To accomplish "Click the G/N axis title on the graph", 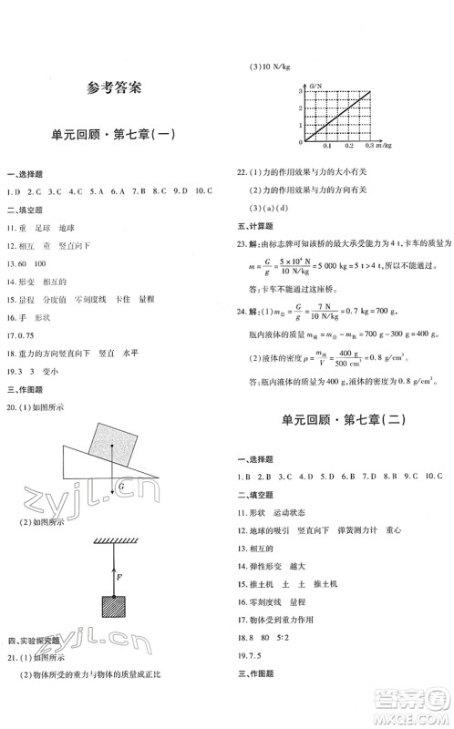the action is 317,84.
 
